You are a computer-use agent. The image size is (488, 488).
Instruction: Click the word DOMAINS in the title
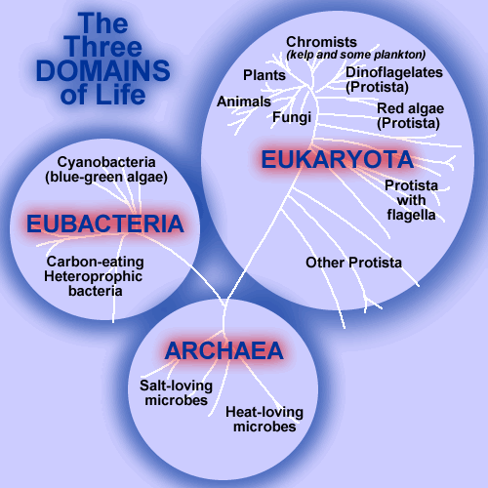(x=103, y=70)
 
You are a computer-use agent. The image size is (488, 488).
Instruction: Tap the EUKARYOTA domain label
(x=338, y=159)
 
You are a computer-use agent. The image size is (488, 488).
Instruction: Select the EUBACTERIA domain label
(x=105, y=224)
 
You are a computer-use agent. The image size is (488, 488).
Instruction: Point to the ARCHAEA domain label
(x=224, y=350)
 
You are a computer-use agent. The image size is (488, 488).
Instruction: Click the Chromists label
(x=321, y=42)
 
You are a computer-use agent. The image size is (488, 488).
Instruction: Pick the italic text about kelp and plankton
(x=356, y=55)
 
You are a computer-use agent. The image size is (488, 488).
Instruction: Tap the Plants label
(x=264, y=75)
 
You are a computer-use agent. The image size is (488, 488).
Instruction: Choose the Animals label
(x=244, y=102)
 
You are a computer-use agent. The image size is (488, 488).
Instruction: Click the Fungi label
(x=292, y=117)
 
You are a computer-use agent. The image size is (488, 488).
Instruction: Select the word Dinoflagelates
(x=394, y=72)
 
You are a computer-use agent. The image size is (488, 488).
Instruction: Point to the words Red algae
(x=410, y=108)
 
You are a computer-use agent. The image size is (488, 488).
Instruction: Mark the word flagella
(x=411, y=215)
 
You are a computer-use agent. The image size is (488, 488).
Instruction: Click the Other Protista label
(x=353, y=263)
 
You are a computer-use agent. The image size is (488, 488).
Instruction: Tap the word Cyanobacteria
(x=106, y=162)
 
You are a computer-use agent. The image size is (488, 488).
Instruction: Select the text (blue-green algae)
(x=106, y=178)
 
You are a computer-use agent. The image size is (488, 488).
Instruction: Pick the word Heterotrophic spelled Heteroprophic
(x=93, y=276)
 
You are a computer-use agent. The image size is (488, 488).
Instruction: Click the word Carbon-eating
(x=95, y=262)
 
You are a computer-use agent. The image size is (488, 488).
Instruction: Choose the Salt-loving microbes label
(x=176, y=393)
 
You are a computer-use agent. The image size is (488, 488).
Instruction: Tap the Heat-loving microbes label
(x=264, y=420)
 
